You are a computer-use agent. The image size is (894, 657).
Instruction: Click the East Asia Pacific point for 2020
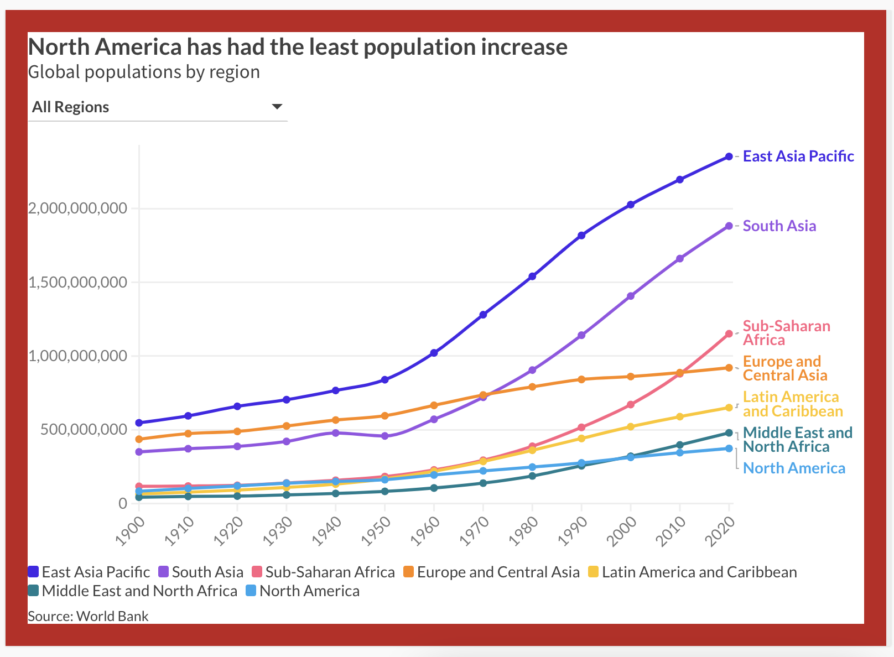coord(729,157)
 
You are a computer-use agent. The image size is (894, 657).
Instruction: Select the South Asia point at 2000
coord(631,296)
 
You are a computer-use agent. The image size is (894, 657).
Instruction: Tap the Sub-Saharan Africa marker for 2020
coord(729,333)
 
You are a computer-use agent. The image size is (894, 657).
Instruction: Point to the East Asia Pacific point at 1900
coord(139,423)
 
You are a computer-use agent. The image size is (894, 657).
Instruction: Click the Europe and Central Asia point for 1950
coord(385,416)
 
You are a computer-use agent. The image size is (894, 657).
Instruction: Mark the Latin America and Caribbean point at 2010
coord(680,416)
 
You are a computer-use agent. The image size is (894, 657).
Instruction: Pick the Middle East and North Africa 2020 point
coord(729,432)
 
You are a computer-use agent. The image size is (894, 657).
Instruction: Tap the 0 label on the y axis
coord(123,503)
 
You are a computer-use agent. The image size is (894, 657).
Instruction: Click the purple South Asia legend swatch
coord(163,572)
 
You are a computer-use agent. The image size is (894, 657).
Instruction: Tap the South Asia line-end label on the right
coord(779,226)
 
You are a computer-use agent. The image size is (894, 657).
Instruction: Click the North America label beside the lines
coord(794,468)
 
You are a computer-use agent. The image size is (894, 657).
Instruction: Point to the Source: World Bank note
coord(89,616)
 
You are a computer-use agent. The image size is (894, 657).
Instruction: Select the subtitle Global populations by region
coord(144,72)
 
